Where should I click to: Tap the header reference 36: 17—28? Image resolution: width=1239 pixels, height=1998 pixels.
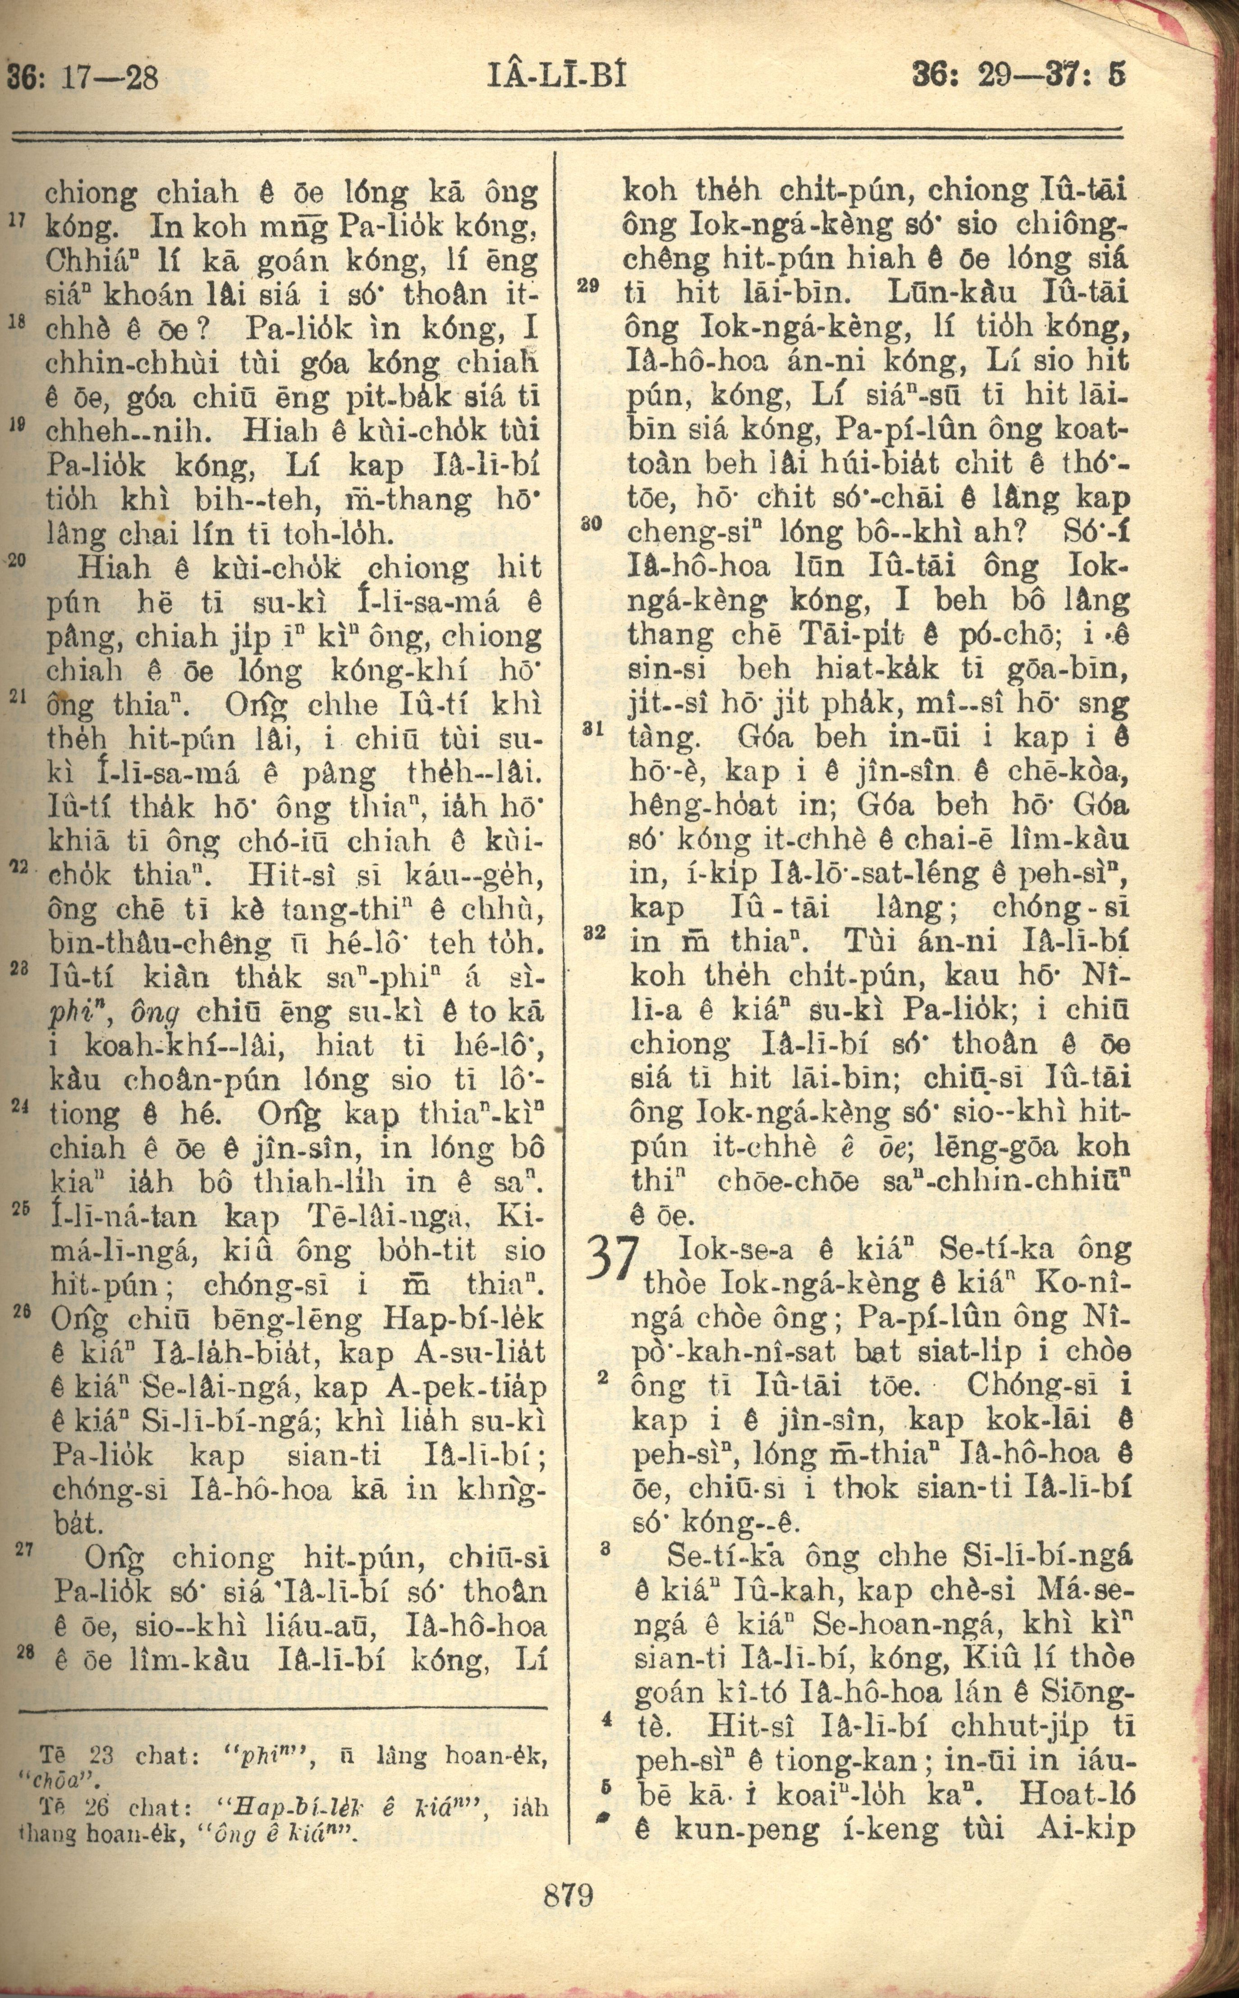(82, 78)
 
